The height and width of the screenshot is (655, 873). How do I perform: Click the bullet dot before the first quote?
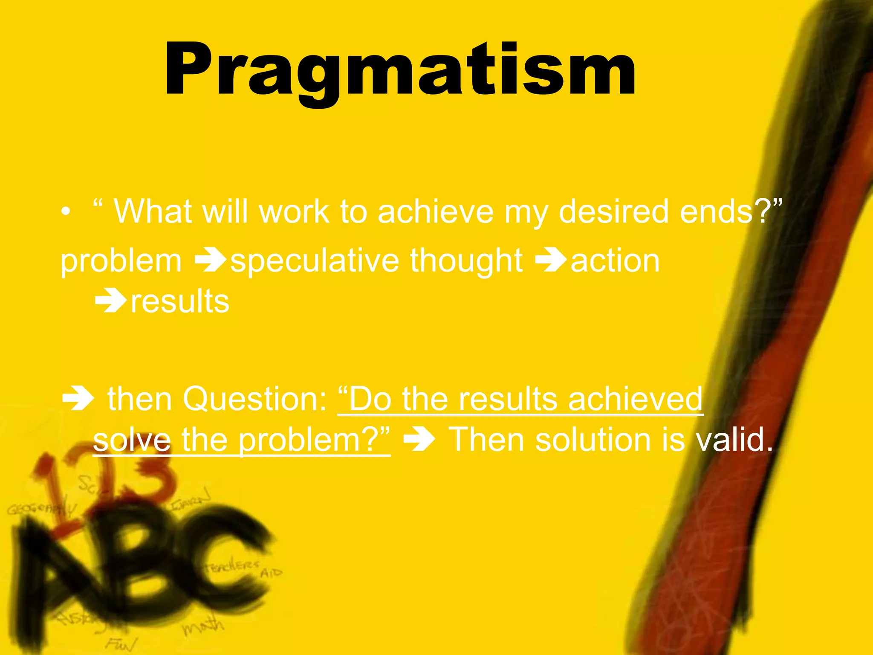coord(65,212)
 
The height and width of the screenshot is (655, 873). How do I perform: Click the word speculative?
coord(315,261)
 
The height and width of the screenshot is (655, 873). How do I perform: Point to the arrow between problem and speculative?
coord(210,261)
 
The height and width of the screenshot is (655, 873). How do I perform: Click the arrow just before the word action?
coord(550,261)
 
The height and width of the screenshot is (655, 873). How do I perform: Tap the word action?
coord(615,261)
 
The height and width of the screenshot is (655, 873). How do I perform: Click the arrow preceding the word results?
coord(110,302)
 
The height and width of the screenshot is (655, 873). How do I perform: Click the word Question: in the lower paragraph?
coord(255,399)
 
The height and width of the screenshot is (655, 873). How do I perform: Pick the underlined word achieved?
coord(635,399)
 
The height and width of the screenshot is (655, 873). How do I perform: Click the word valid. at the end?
coord(734,440)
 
